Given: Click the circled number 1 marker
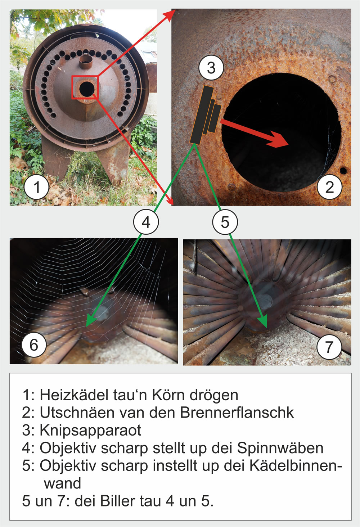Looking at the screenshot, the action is click(x=36, y=187).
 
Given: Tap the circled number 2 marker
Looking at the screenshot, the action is click(x=329, y=187).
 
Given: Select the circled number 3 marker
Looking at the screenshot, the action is click(x=211, y=68).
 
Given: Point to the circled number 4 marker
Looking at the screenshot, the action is click(x=146, y=222).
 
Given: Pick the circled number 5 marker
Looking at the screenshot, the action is click(x=225, y=222).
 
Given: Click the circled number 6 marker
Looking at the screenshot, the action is click(x=34, y=345).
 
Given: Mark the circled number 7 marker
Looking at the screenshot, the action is click(x=329, y=347).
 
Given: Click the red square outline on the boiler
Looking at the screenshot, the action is click(x=85, y=76).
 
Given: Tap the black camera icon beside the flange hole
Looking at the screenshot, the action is click(x=205, y=115).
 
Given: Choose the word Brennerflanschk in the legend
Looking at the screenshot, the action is click(x=237, y=413).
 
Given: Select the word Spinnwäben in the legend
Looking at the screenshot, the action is click(x=280, y=449).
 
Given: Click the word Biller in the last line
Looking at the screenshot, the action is click(x=118, y=501).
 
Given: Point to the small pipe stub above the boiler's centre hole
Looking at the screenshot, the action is click(x=85, y=62).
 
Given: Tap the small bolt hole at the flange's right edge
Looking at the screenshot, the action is click(x=343, y=170).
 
